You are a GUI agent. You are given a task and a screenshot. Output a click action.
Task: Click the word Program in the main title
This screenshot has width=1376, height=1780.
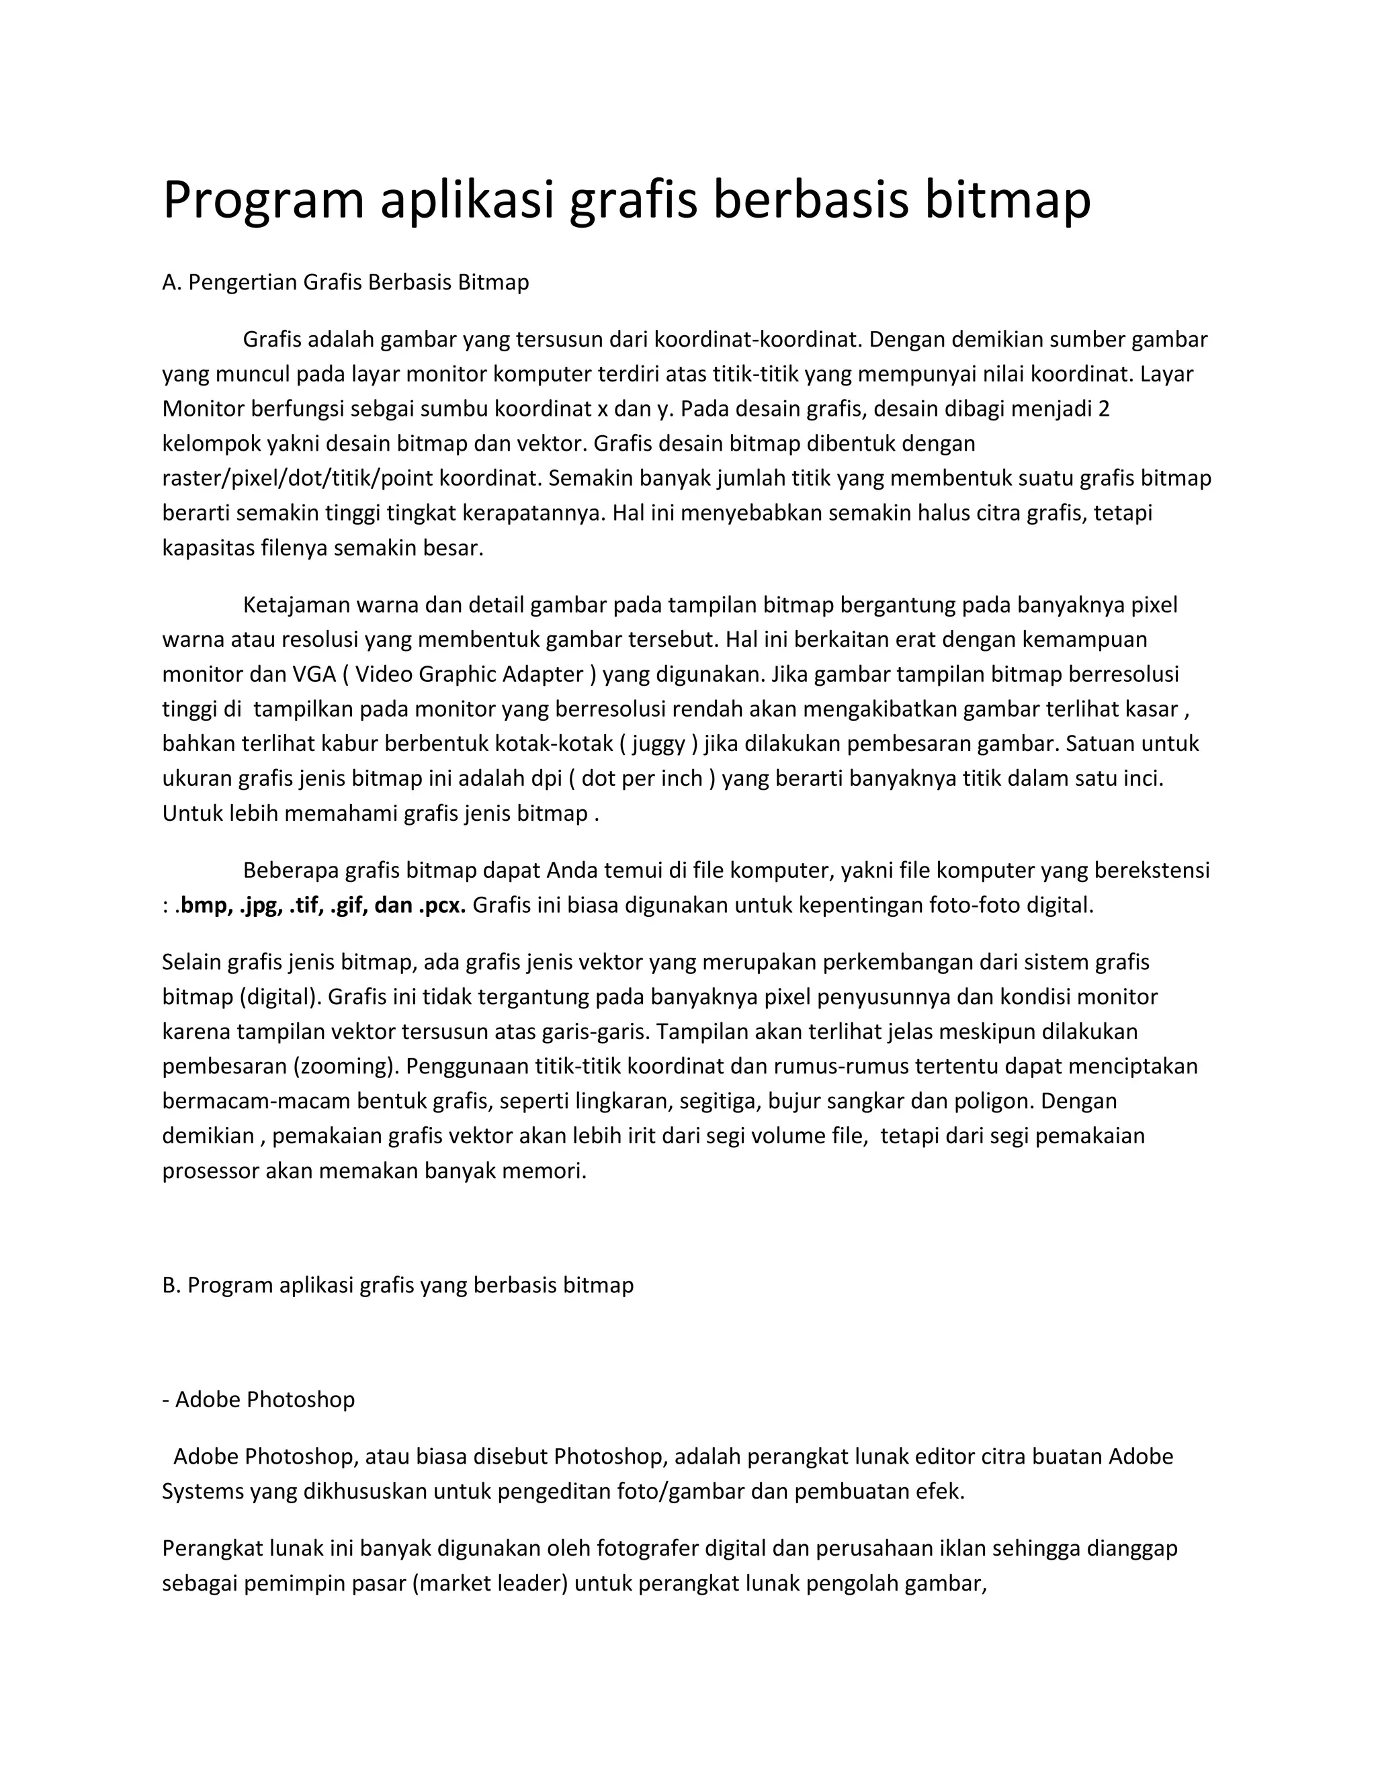[263, 200]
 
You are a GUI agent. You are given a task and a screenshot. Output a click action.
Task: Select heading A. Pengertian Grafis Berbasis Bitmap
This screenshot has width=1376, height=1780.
[345, 283]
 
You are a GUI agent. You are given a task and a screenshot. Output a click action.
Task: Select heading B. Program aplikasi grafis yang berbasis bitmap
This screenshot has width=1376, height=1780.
[398, 1285]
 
